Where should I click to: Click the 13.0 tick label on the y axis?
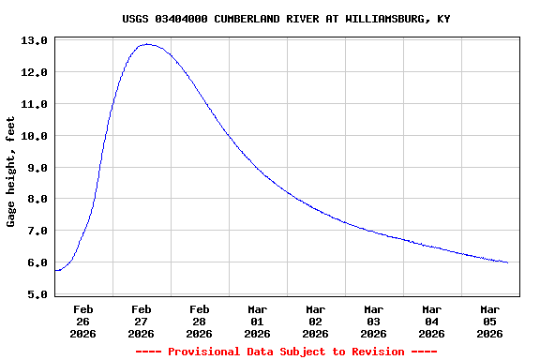tap(35, 40)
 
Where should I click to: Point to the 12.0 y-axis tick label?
tap(35, 72)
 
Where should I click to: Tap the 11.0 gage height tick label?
tap(35, 104)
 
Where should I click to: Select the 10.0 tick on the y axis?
tap(35, 136)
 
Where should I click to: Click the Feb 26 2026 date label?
tap(83, 321)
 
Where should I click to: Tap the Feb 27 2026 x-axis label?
tap(142, 321)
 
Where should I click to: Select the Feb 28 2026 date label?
tap(200, 321)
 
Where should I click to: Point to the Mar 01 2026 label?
tap(258, 321)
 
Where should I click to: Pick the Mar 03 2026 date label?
tap(374, 321)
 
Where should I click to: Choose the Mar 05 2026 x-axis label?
tap(490, 321)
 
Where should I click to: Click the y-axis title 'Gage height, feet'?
tap(11, 172)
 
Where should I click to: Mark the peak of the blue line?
tap(147, 44)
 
